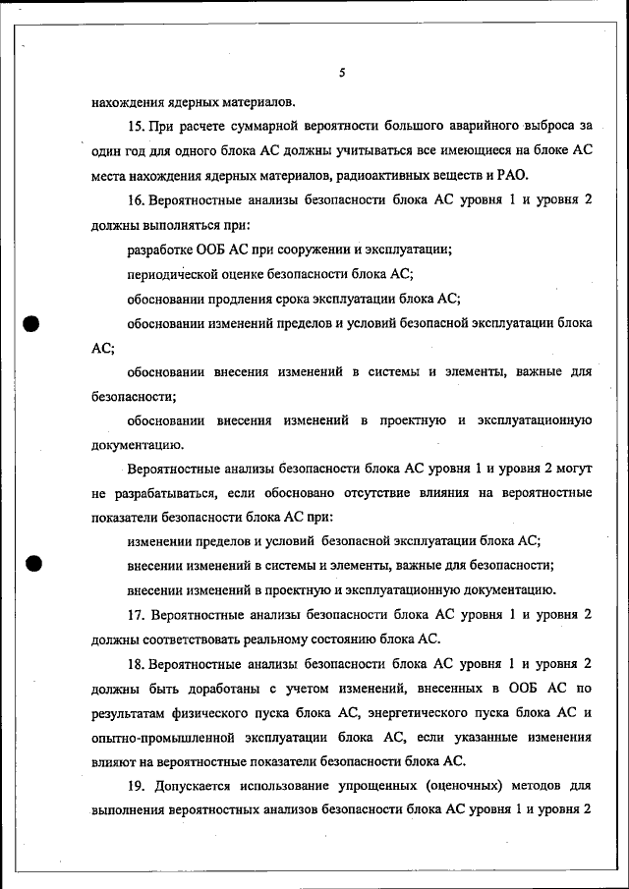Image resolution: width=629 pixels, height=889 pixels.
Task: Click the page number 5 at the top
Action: click(341, 73)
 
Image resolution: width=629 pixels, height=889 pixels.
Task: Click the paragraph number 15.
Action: click(137, 126)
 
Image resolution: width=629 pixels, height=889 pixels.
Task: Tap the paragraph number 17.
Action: click(137, 615)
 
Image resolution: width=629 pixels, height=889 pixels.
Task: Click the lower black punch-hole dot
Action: click(31, 564)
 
